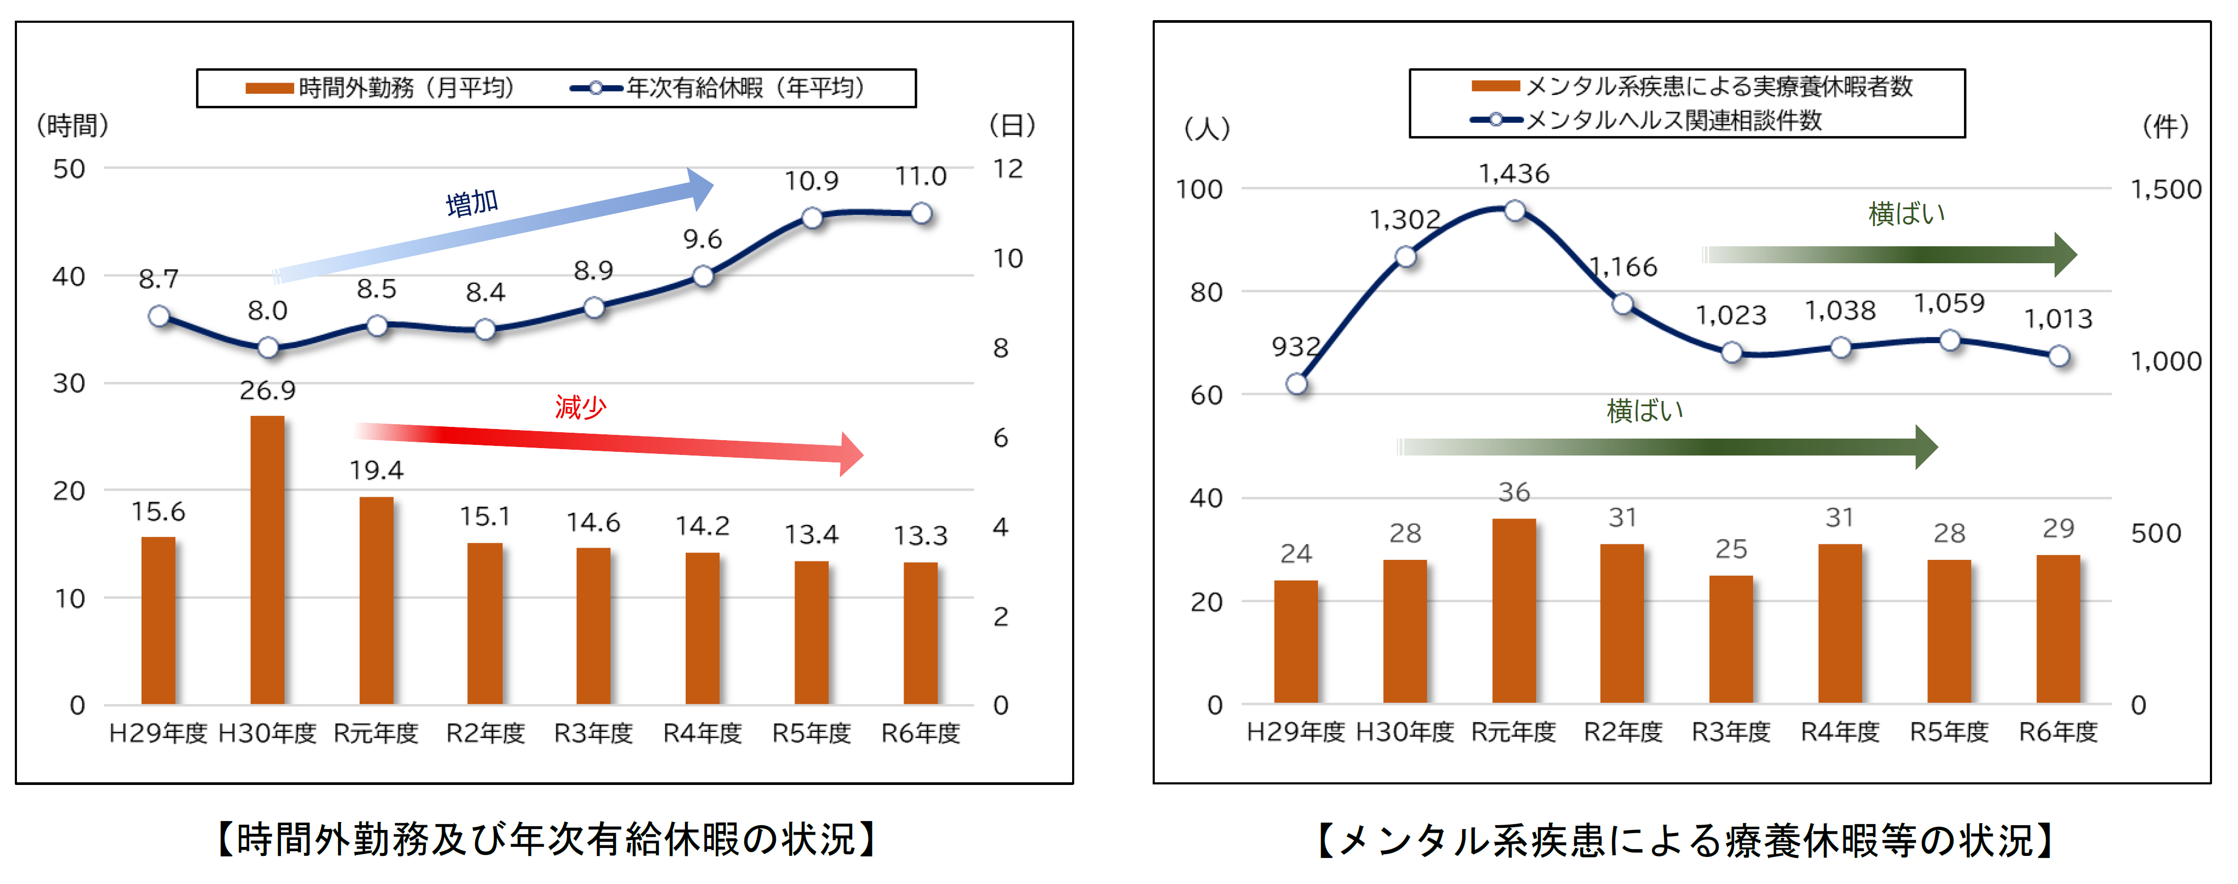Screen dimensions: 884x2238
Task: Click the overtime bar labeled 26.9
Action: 268,560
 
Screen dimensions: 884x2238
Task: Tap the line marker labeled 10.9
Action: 811,218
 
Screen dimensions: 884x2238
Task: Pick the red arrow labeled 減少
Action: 608,442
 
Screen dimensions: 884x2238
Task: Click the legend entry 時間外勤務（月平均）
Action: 382,88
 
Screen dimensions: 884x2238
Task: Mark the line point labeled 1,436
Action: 1514,211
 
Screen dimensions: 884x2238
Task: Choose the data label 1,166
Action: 1623,266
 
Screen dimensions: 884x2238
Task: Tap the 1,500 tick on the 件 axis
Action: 2165,189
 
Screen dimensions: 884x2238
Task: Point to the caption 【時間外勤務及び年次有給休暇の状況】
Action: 547,839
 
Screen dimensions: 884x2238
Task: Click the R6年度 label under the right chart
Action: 2057,732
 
